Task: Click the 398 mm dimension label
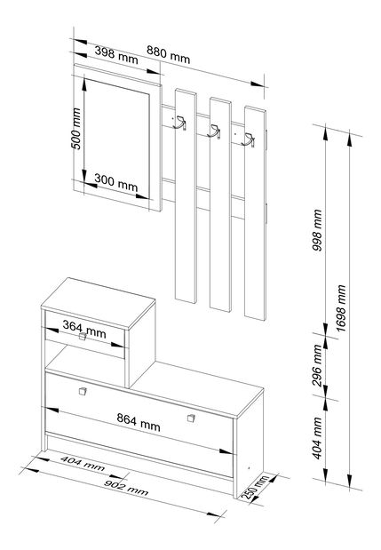click(116, 55)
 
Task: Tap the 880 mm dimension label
click(168, 54)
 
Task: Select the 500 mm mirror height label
click(76, 128)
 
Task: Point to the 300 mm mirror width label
click(116, 183)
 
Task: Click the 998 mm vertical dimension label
click(317, 230)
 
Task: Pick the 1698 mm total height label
click(341, 308)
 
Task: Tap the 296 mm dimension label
click(317, 365)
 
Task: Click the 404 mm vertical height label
click(317, 438)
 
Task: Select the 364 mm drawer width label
click(84, 329)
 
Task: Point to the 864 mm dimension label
click(139, 422)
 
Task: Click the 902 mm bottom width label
click(126, 488)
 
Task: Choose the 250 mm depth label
click(255, 487)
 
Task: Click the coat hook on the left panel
click(180, 124)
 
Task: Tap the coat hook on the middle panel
click(214, 132)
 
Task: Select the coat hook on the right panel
click(248, 140)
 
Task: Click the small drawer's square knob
click(83, 337)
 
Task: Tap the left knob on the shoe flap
click(83, 391)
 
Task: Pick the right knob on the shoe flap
click(191, 418)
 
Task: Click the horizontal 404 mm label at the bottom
click(83, 464)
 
